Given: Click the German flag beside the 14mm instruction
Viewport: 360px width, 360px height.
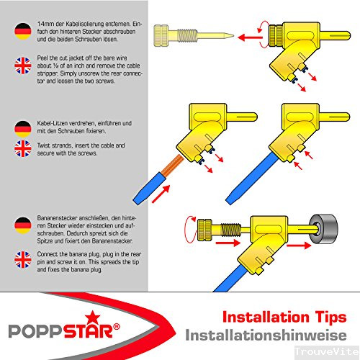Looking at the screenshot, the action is point(23,31).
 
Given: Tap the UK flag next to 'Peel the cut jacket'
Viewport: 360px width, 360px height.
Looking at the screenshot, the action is point(23,66).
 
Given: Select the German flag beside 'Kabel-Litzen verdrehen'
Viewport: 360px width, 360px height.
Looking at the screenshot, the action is point(23,129).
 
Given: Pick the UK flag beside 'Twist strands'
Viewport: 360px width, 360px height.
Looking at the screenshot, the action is point(23,149).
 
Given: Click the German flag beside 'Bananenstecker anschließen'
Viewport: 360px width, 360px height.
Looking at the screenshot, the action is point(23,225).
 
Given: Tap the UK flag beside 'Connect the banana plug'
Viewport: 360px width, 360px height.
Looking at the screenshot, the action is point(23,260).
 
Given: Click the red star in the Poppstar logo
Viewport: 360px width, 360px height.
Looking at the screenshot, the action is point(92,318).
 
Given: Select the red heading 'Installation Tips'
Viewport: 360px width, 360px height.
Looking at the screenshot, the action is point(284,318).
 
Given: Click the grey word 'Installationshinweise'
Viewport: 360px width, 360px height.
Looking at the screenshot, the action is point(266,335).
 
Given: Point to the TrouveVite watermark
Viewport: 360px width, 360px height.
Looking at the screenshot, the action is point(327,352).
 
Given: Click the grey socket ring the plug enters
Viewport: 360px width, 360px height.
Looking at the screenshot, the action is point(324,229).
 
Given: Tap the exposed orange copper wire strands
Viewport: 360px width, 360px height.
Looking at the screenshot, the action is point(173,165).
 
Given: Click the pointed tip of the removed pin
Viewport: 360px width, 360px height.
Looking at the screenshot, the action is point(233,36).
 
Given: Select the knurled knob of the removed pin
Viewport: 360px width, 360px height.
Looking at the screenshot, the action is point(161,35).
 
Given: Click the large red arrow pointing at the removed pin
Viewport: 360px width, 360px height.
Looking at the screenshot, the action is point(250,37).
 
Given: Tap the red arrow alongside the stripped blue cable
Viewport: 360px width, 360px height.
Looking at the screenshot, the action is point(161,194).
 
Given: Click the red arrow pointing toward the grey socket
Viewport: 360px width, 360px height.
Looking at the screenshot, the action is point(299,246).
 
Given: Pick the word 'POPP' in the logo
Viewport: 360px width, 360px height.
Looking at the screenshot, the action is point(36,331).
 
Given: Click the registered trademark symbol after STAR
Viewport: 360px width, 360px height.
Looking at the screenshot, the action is point(117,327).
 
